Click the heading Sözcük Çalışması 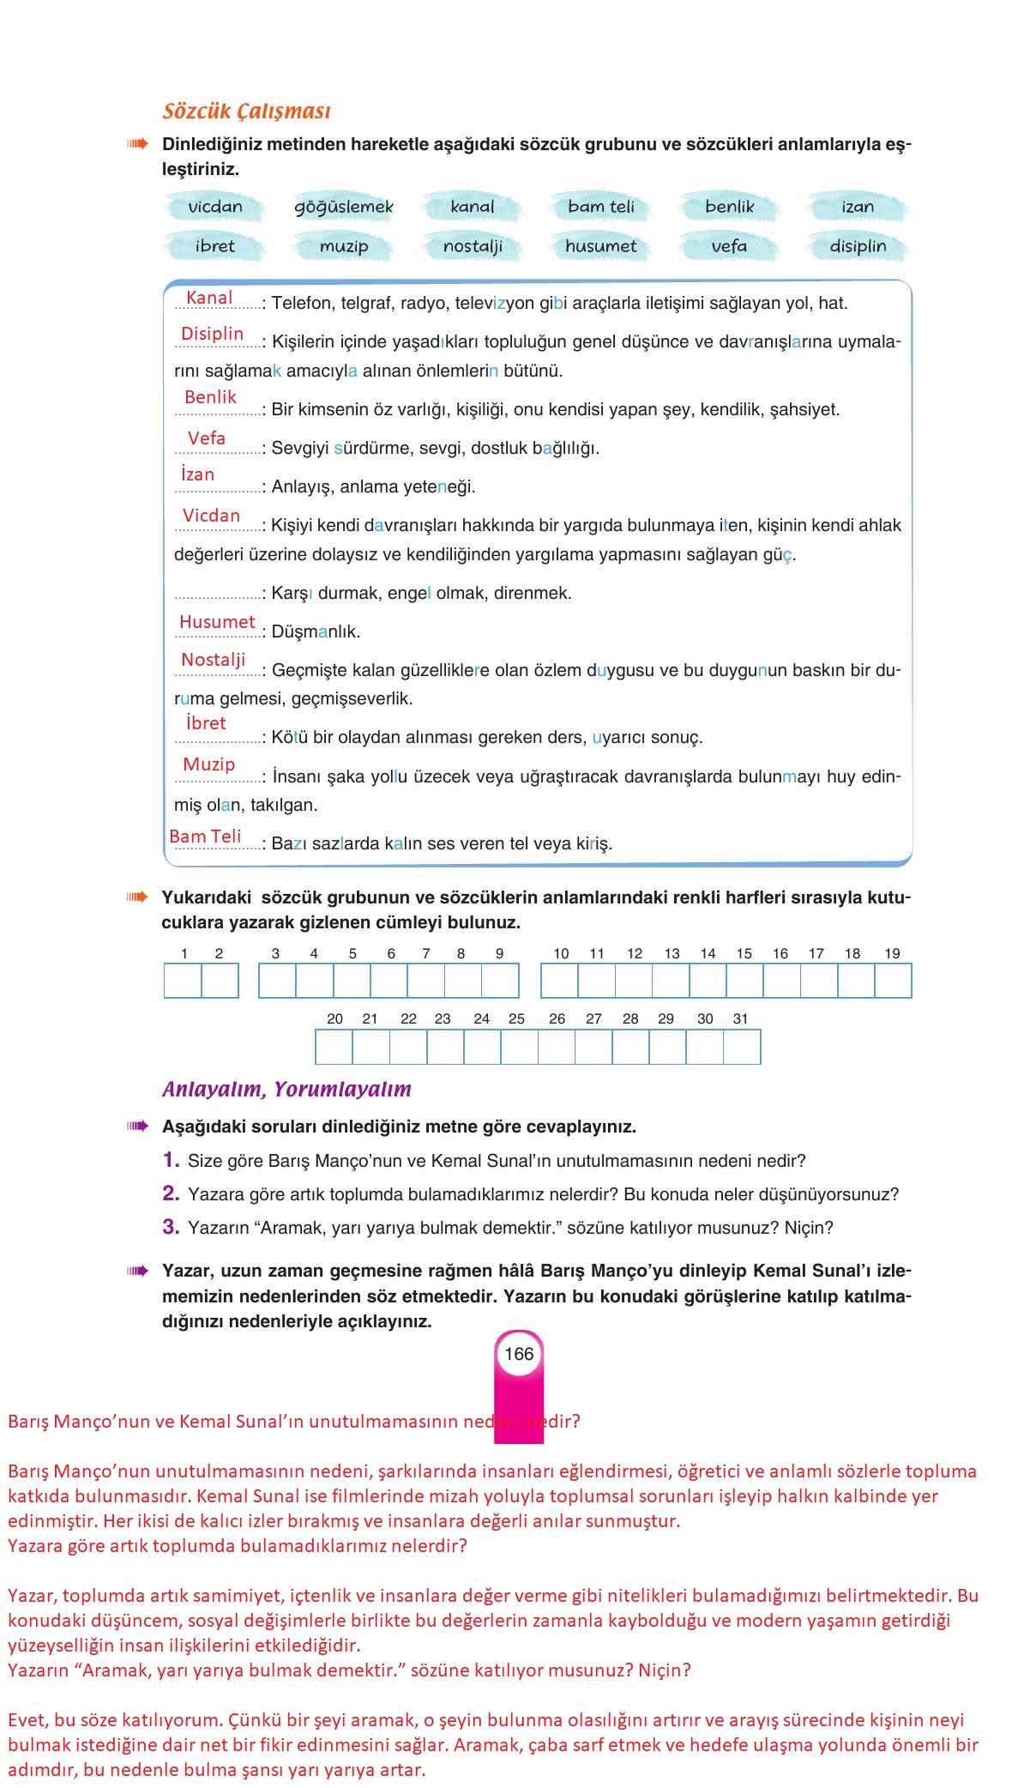(246, 112)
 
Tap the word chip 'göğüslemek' (343, 207)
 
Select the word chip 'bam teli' (600, 207)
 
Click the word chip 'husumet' (600, 246)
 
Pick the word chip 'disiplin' (858, 246)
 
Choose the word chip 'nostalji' (472, 246)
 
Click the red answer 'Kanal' (209, 298)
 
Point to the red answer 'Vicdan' (211, 516)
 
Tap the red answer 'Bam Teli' (205, 837)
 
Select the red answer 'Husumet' (217, 622)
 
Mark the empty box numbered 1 (183, 981)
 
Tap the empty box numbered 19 (893, 981)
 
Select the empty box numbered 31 (742, 1047)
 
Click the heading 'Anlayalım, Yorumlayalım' (286, 1090)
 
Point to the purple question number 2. (171, 1193)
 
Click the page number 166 (519, 1354)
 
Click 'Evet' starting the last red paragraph (24, 1720)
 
